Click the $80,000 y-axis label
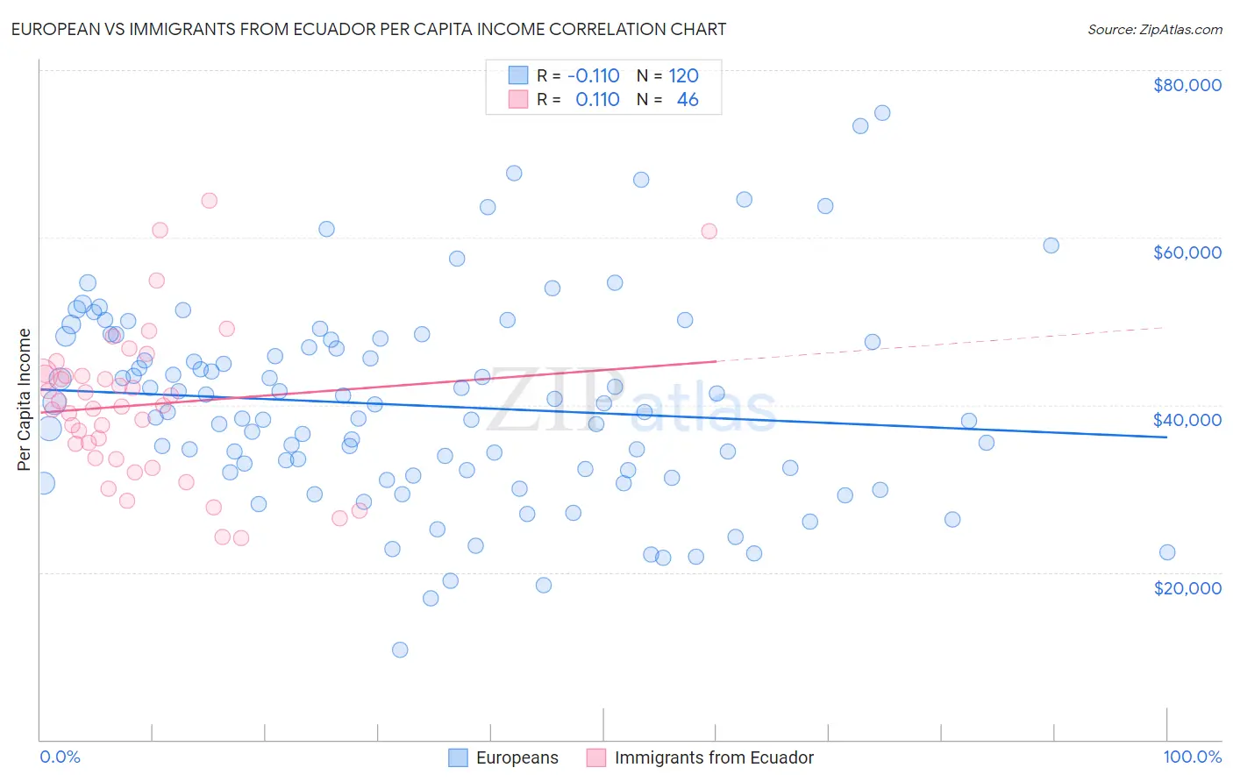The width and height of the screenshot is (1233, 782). coord(1187,85)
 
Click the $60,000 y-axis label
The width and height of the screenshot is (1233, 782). coord(1187,252)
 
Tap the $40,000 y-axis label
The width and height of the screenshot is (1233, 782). coord(1187,420)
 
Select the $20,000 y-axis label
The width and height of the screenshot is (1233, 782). coord(1187,587)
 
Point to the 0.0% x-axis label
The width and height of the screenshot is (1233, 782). coord(60,757)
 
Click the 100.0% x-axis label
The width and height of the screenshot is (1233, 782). coord(1192,757)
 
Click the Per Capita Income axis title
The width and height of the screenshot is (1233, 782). coord(25,400)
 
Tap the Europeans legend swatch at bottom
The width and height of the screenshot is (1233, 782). coord(458,757)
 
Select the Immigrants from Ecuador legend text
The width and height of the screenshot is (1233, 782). coord(714,757)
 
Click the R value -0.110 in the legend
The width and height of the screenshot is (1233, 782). coord(594,76)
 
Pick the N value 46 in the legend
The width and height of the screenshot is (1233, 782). coord(688,100)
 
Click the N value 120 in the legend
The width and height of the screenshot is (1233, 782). coord(683,76)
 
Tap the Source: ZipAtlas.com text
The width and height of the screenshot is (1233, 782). coord(1154,29)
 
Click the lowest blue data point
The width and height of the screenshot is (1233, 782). coord(400,650)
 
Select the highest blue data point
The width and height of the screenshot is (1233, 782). coord(882,113)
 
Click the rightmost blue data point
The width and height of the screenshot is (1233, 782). coord(1167,552)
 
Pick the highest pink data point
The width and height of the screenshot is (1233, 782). coord(209,200)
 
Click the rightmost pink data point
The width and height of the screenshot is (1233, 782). coord(709,231)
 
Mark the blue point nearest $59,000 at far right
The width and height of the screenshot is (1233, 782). coord(1051,245)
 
